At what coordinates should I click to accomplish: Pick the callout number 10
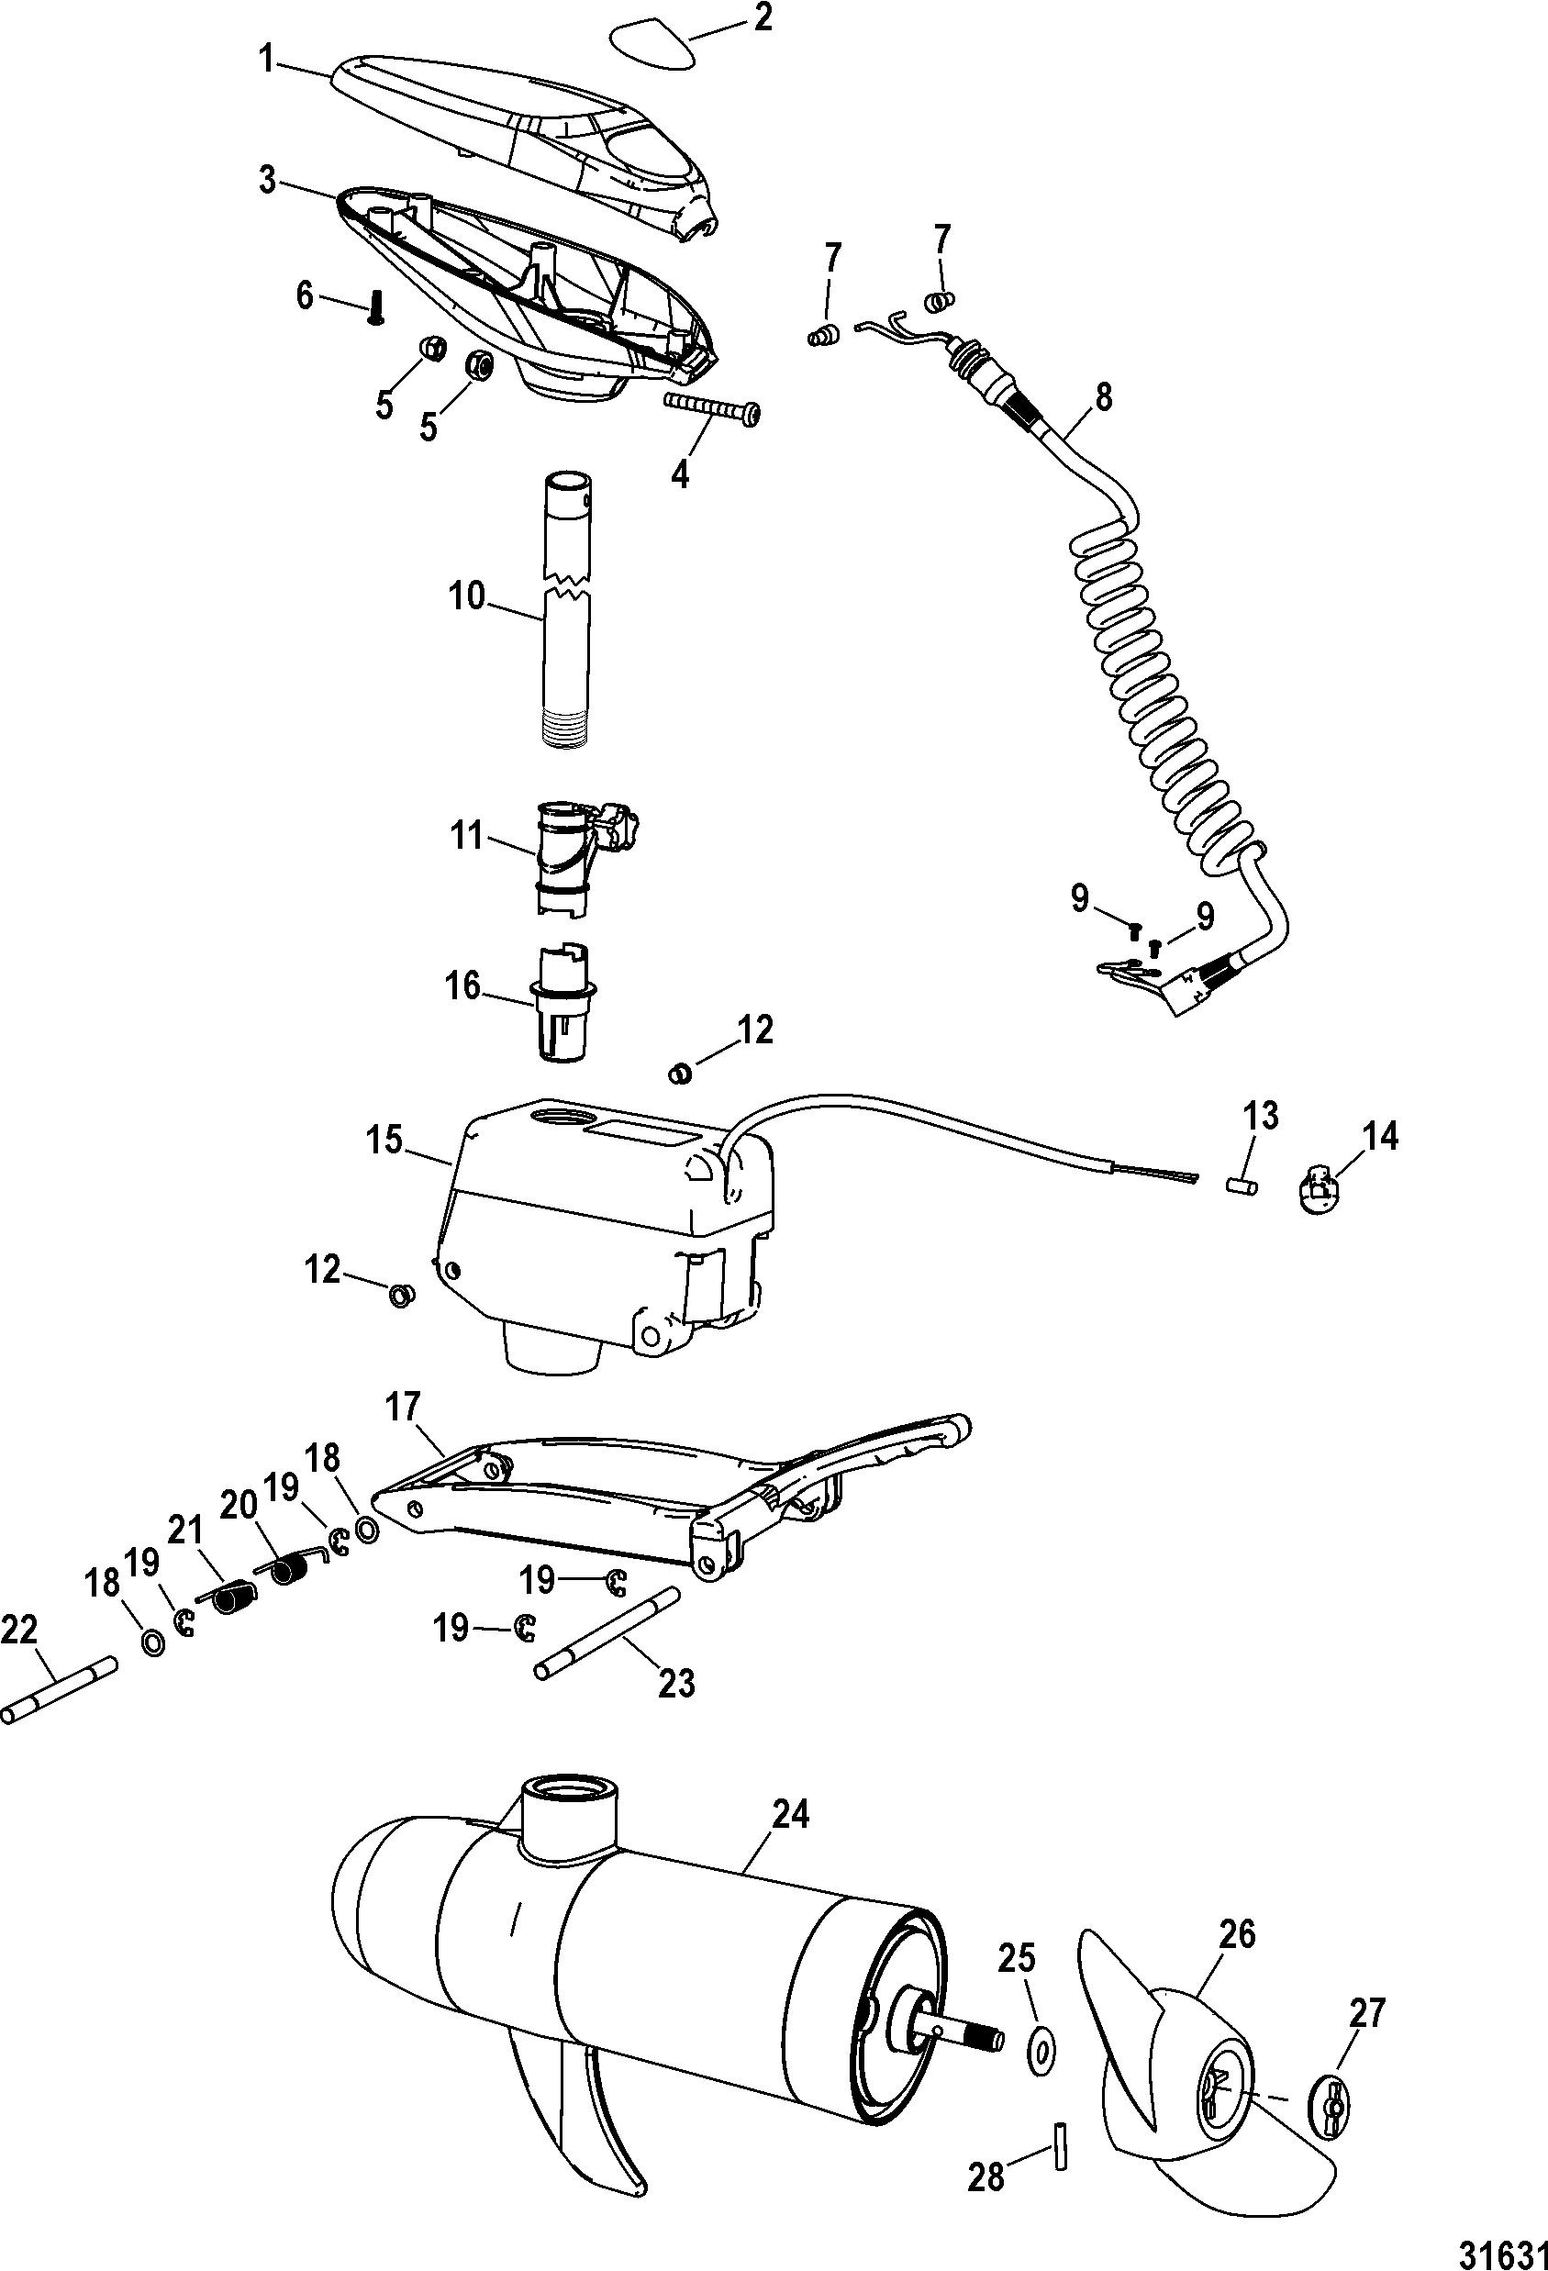pyautogui.click(x=468, y=596)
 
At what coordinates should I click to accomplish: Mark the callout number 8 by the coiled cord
pyautogui.click(x=1102, y=399)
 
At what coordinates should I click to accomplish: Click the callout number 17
pyautogui.click(x=402, y=1408)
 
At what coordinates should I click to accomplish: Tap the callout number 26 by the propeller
pyautogui.click(x=1237, y=1934)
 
